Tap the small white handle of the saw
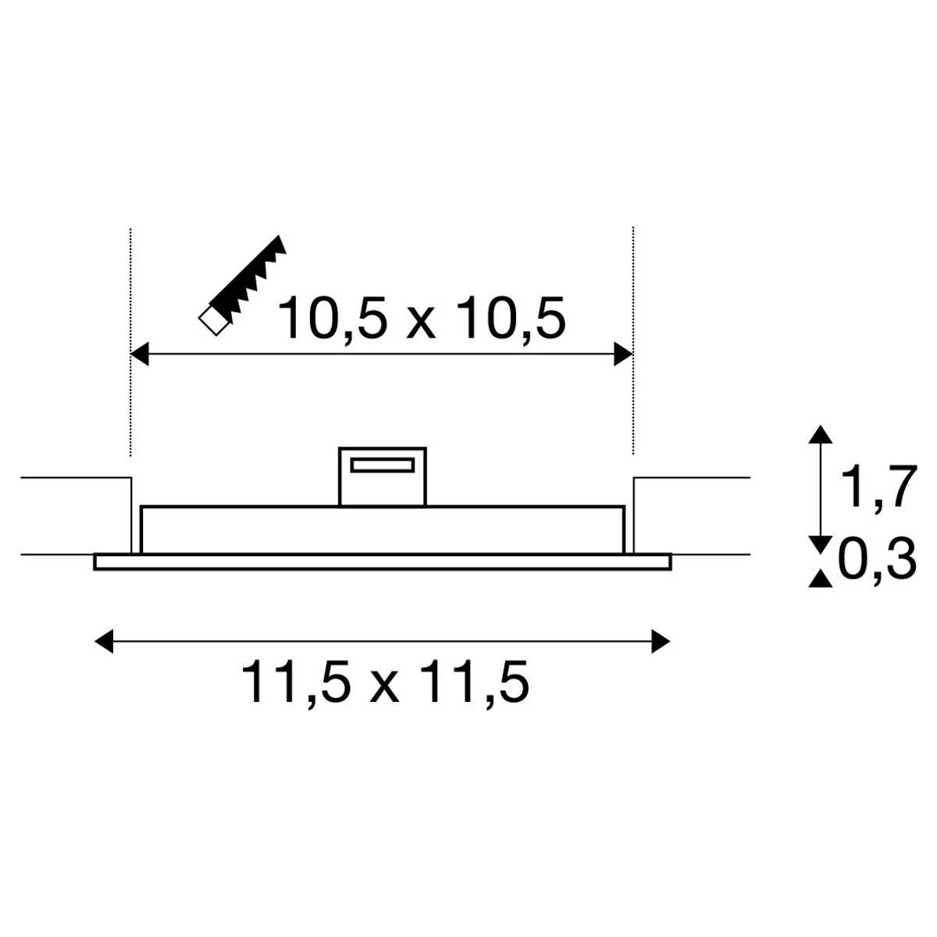click(212, 321)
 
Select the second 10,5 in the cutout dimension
click(511, 318)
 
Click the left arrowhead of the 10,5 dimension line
click(139, 354)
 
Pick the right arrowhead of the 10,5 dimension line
click(623, 354)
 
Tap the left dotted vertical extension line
click(130, 297)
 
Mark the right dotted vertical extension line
click(633, 297)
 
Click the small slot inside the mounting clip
click(383, 465)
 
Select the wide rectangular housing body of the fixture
click(383, 530)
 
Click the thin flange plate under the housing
click(383, 562)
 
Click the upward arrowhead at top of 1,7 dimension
click(818, 434)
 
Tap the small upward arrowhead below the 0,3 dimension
click(818, 579)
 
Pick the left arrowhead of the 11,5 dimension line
click(103, 641)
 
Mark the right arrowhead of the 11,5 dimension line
click(661, 641)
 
